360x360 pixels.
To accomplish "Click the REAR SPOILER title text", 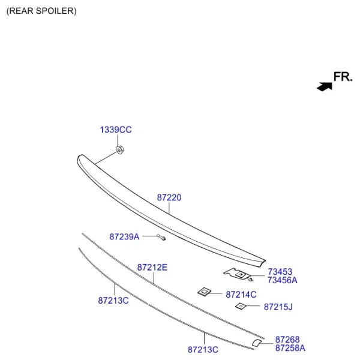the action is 41,11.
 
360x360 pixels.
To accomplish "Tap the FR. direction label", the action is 343,77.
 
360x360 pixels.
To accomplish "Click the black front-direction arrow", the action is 325,86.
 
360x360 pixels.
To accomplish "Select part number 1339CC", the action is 116,130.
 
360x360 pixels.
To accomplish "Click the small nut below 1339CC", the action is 119,149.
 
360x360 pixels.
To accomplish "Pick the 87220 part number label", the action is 169,197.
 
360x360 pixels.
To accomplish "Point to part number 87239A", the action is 124,237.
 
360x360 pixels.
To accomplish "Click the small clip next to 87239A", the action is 161,238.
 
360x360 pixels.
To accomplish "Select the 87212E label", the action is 152,268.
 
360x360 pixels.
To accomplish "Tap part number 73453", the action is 280,272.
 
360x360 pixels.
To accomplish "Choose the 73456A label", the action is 283,280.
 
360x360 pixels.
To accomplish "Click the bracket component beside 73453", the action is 238,274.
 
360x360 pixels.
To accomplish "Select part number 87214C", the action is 241,295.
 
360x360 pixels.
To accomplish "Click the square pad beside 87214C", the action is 205,292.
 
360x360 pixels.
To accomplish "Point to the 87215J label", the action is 278,307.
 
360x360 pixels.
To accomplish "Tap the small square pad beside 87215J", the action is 241,306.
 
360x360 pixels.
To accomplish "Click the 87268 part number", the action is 287,340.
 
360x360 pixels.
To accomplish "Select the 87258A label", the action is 290,348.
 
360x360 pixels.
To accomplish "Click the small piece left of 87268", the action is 257,343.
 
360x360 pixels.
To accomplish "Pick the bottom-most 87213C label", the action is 203,350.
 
